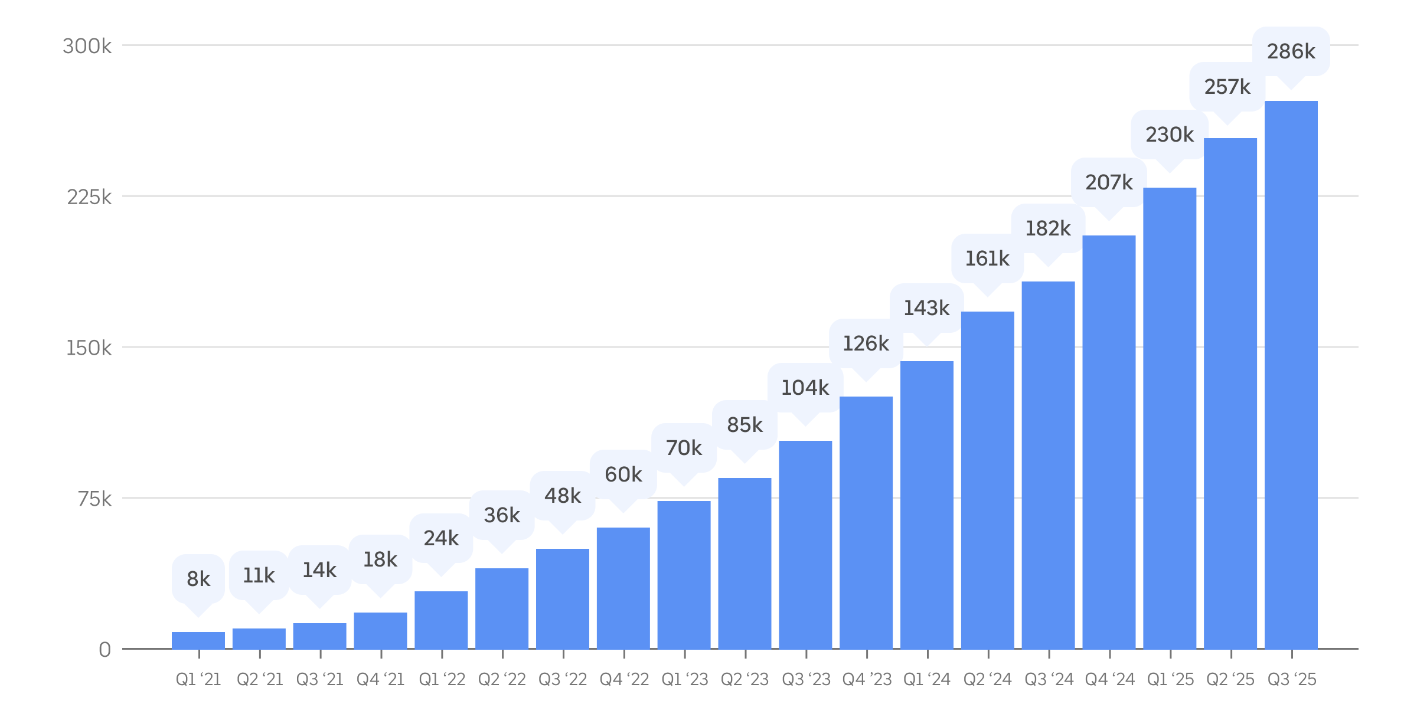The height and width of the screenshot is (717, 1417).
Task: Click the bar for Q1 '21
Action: pyautogui.click(x=198, y=640)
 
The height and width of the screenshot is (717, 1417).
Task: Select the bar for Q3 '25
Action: pyautogui.click(x=1291, y=375)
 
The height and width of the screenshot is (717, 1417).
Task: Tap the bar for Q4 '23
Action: pyautogui.click(x=866, y=522)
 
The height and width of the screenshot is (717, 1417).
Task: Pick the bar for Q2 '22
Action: pyautogui.click(x=502, y=608)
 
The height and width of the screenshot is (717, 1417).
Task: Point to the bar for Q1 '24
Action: pyautogui.click(x=927, y=505)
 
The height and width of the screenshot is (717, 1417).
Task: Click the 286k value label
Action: pyautogui.click(x=1291, y=51)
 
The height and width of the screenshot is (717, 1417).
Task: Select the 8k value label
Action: pyautogui.click(x=198, y=579)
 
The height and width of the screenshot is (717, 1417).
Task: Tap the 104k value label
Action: pyautogui.click(x=805, y=388)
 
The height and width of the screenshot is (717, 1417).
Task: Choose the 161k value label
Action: pyautogui.click(x=987, y=258)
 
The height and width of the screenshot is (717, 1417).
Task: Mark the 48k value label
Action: pyautogui.click(x=563, y=496)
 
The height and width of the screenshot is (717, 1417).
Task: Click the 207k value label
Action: pyautogui.click(x=1109, y=182)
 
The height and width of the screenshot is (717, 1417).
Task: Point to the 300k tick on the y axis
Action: pyautogui.click(x=87, y=46)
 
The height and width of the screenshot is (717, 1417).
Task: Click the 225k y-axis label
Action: pyautogui.click(x=89, y=197)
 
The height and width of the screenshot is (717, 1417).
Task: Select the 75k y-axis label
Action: pyautogui.click(x=94, y=499)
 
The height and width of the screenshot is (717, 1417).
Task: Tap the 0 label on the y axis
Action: pyautogui.click(x=105, y=650)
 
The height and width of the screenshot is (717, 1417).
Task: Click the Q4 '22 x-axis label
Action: pyautogui.click(x=624, y=680)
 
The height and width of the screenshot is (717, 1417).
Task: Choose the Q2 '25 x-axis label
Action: pyautogui.click(x=1230, y=680)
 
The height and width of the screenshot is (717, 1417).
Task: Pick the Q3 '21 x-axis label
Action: pyautogui.click(x=320, y=680)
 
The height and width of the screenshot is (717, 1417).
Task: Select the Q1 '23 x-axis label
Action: pyautogui.click(x=685, y=680)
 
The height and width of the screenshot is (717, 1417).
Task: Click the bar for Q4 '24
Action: pyautogui.click(x=1109, y=443)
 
